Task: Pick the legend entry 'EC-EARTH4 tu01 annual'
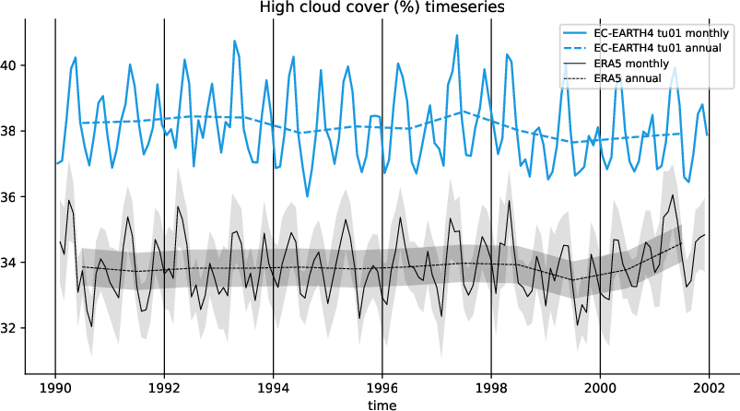[x=655, y=47]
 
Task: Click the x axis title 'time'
[x=382, y=405]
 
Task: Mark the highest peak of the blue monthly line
[x=457, y=35]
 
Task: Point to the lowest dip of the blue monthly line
[x=308, y=196]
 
